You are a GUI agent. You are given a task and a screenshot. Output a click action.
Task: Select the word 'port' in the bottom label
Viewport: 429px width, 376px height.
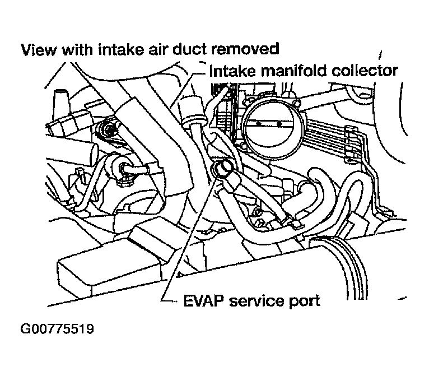[306, 301]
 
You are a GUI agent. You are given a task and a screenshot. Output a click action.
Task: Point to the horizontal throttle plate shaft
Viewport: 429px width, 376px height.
[271, 122]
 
